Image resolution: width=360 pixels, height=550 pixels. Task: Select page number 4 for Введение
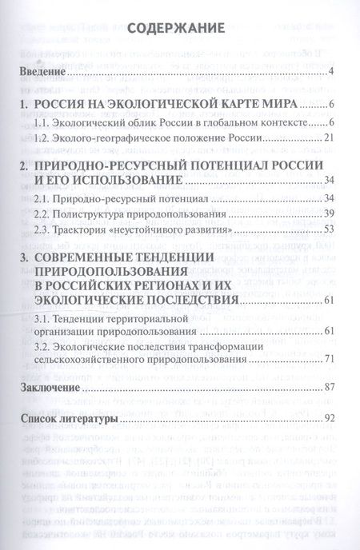pyautogui.click(x=330, y=74)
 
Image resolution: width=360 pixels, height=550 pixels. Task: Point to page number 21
pyautogui.click(x=328, y=138)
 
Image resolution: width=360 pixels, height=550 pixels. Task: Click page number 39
pyautogui.click(x=328, y=214)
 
